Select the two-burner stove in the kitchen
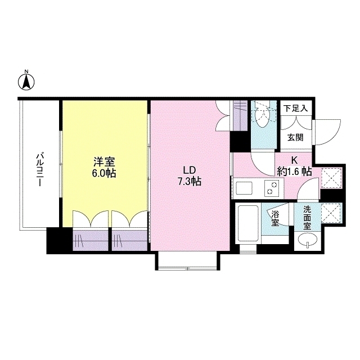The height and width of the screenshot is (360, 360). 273,186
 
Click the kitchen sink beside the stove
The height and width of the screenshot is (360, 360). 245,186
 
